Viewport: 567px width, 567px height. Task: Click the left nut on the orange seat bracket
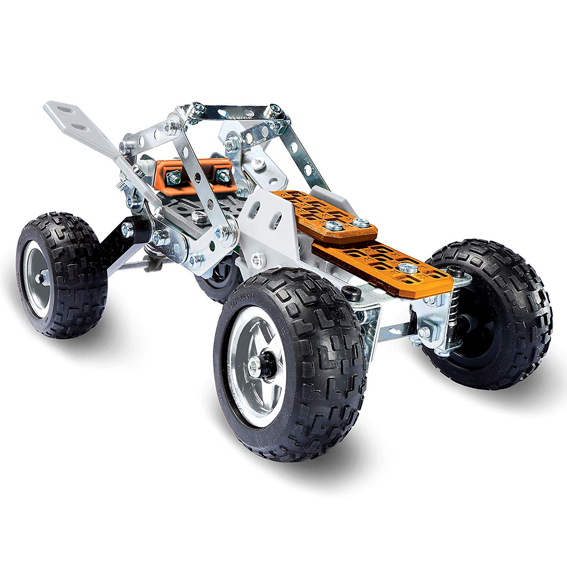click(174, 176)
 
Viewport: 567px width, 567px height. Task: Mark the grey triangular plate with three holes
click(266, 215)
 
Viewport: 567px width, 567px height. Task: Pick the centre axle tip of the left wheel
click(39, 278)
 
